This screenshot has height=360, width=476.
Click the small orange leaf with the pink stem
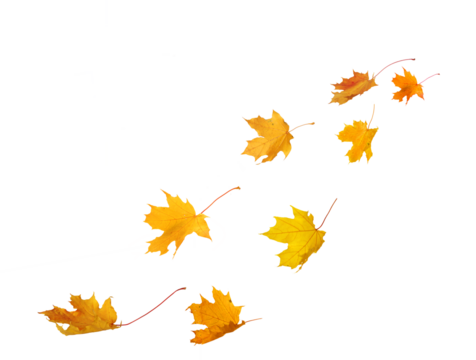click(x=406, y=87)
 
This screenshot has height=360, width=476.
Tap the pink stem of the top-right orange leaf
click(x=430, y=76)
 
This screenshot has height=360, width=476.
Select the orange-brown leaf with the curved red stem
click(x=352, y=87)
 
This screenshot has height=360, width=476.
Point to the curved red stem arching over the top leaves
click(x=397, y=62)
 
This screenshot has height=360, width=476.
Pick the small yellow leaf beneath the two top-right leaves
click(x=358, y=140)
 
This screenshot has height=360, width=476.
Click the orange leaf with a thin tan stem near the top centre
click(x=267, y=136)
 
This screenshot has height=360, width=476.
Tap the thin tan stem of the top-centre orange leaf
click(x=304, y=125)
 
